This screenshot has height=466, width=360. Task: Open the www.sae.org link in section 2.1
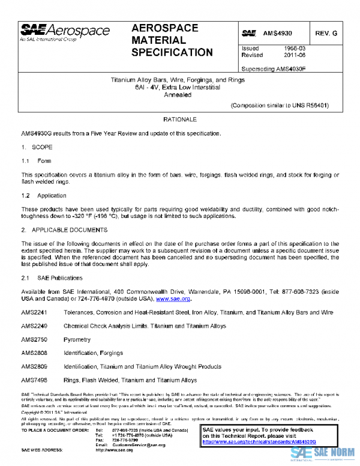point(173,298)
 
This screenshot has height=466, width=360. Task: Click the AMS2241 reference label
point(34,313)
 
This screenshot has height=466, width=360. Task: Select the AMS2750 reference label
point(34,340)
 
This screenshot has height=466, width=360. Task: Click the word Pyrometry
point(77,340)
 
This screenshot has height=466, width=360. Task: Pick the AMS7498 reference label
point(34,380)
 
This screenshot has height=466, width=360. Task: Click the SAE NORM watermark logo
point(324,454)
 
